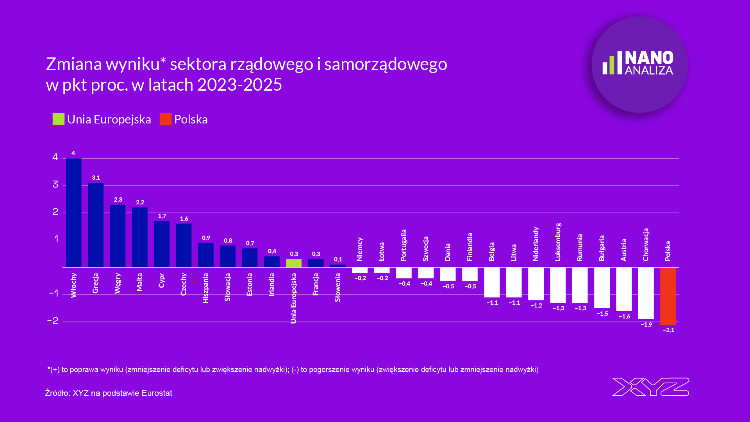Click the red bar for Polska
668,296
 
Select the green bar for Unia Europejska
294,263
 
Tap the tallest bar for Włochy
74,213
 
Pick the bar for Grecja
96,225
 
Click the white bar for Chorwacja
646,293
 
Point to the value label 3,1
96,178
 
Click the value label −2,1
668,330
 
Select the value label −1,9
646,325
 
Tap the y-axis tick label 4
55,157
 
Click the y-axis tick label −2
53,321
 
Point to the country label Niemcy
360,249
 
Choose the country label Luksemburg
558,242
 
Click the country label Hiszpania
205,288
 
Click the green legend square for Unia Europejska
59,119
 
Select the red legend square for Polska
166,119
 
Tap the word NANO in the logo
649,58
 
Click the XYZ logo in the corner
650,387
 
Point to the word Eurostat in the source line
157,393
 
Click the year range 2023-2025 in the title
239,85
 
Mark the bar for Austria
624,289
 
